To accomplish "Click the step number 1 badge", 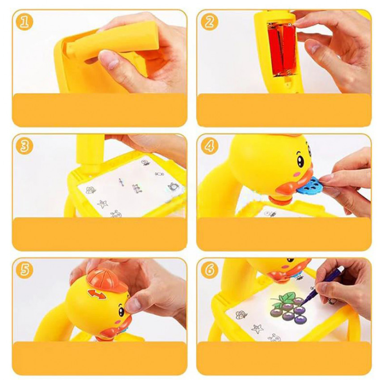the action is (24, 22).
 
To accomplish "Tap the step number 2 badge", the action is (210, 22).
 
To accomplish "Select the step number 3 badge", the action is (24, 146).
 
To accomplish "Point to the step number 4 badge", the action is (210, 146).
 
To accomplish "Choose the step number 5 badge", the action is (24, 270).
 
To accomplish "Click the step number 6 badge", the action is (210, 270).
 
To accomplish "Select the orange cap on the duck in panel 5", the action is (107, 281).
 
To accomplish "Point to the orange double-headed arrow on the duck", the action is (97, 294).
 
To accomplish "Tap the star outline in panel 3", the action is (102, 204).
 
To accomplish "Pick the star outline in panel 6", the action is (257, 329).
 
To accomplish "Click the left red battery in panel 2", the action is (276, 49).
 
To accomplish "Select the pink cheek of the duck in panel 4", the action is (296, 174).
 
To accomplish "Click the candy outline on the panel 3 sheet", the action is (159, 174).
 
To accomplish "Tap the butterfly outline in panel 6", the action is (241, 315).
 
